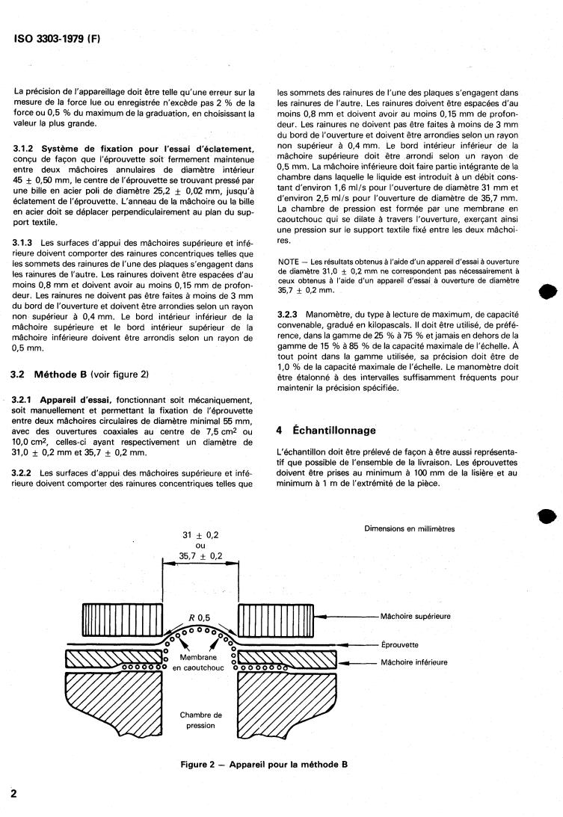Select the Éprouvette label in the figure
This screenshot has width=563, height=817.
tap(400, 643)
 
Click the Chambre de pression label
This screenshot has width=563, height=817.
tap(200, 720)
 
